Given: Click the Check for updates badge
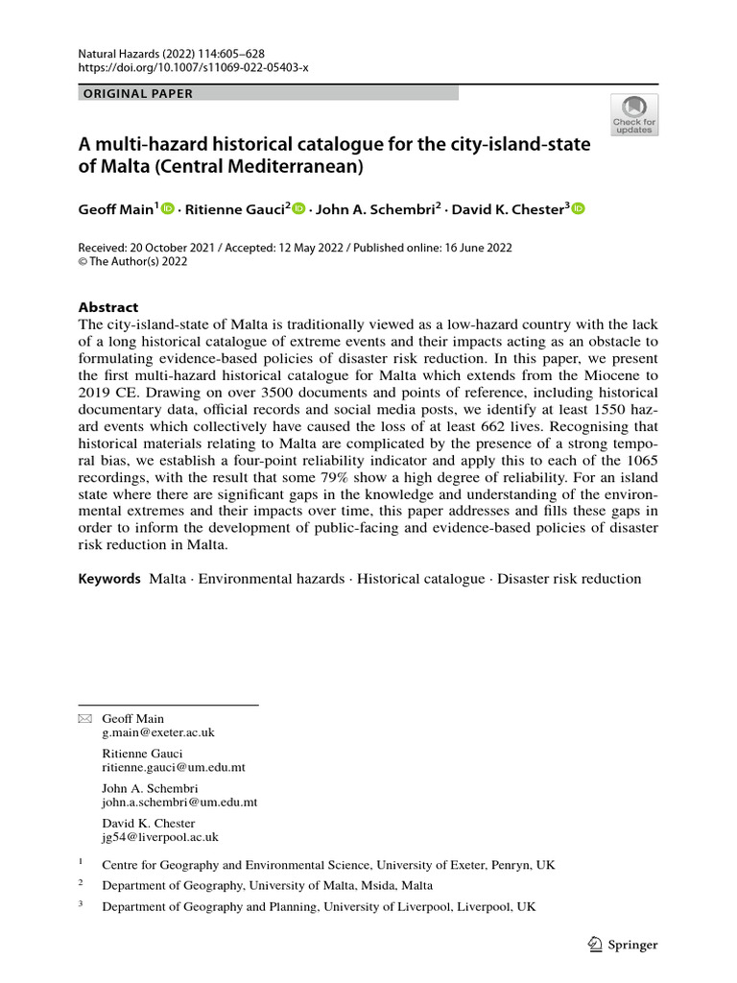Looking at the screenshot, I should point(633,114).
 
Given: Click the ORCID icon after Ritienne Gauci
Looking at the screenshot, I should point(297,209).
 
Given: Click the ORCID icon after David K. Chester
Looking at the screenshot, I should point(578,209).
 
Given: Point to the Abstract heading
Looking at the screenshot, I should point(107,307).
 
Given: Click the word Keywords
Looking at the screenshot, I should point(109,579).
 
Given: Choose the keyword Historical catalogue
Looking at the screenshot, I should point(420,579).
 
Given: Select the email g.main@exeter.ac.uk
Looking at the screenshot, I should point(158,732).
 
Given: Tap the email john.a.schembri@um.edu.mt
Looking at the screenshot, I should point(179,802).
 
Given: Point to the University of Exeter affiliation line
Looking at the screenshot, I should point(328,865).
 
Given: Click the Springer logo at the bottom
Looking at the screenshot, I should point(623,945).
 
